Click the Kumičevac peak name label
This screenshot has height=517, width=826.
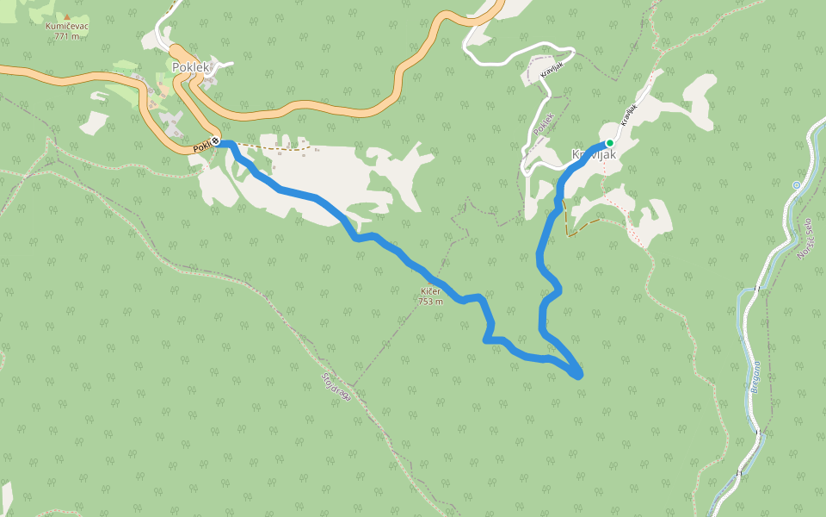pyautogui.click(x=67, y=26)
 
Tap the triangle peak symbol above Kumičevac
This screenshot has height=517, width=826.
pyautogui.click(x=67, y=16)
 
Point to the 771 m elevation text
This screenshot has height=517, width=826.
pyautogui.click(x=67, y=36)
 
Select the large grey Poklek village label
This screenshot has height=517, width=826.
pyautogui.click(x=191, y=67)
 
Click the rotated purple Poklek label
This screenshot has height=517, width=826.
pyautogui.click(x=543, y=124)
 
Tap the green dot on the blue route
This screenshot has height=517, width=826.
pyautogui.click(x=609, y=143)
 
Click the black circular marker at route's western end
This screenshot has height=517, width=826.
pyautogui.click(x=216, y=141)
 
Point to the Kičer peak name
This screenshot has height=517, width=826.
pyautogui.click(x=430, y=292)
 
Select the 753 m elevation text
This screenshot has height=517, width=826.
pyautogui.click(x=430, y=302)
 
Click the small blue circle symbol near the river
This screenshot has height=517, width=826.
pyautogui.click(x=797, y=185)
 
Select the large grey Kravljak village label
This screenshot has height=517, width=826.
pyautogui.click(x=594, y=155)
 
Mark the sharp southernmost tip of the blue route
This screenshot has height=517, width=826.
pyautogui.click(x=579, y=376)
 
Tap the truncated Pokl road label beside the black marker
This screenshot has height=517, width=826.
pyautogui.click(x=201, y=147)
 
